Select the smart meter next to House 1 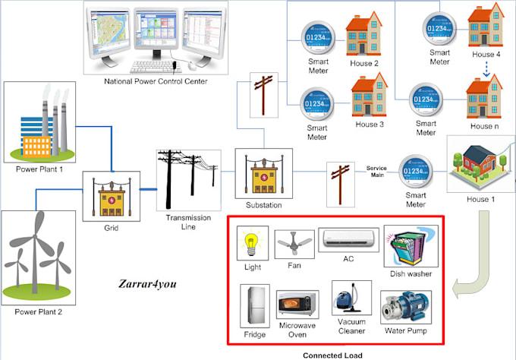414,172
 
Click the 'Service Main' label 377,170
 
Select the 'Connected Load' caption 332,354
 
